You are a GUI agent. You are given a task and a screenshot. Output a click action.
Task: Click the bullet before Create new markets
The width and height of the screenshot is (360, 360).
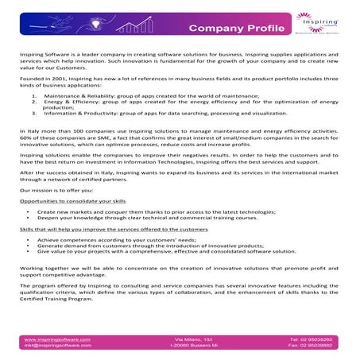[29, 213]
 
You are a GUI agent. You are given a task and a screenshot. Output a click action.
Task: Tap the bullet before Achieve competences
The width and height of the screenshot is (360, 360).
[29, 239]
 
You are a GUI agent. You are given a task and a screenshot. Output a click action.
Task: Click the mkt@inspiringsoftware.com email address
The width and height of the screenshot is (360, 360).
[58, 346]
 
